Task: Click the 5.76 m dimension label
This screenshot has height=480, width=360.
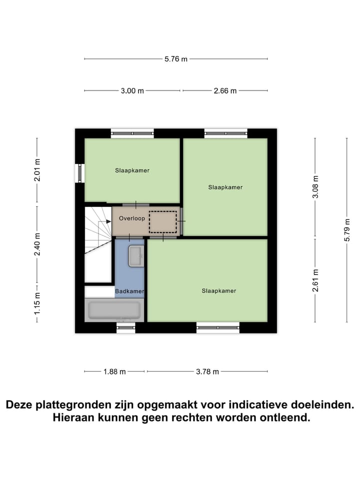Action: [176, 59]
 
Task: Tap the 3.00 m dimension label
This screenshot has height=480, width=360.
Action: [132, 90]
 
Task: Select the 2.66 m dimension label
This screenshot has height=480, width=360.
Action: [225, 90]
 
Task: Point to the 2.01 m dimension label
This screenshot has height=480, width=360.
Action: [37, 170]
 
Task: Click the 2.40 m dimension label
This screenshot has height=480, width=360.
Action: [37, 244]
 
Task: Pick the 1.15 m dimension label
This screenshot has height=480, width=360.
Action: [37, 303]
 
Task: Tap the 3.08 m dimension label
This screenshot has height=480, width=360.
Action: [315, 187]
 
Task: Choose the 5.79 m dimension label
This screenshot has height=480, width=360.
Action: [347, 230]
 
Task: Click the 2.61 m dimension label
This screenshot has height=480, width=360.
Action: [315, 280]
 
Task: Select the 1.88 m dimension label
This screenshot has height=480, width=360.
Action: [115, 371]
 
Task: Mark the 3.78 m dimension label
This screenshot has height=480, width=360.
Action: [207, 371]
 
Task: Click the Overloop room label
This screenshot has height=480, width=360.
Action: [132, 218]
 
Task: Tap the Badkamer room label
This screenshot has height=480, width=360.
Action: [129, 291]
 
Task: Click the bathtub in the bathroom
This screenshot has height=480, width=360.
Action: [114, 310]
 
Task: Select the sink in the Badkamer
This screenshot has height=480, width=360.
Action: [135, 256]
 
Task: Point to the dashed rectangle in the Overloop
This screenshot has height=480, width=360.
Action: [163, 221]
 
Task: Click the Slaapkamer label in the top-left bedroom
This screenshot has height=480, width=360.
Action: [132, 170]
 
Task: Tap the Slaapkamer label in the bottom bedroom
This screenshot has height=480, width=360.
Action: [219, 290]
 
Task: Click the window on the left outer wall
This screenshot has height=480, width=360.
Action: [78, 173]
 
